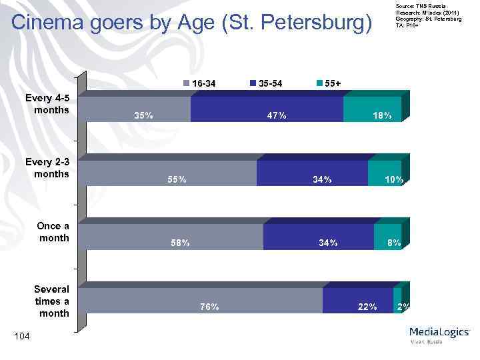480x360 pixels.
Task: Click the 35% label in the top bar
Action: [143, 115]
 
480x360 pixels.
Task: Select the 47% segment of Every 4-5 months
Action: [267, 109]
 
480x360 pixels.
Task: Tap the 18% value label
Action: [382, 115]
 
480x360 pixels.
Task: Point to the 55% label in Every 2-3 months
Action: [177, 179]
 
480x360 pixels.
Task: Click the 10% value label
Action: [393, 179]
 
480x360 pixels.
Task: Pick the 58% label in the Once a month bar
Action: [180, 243]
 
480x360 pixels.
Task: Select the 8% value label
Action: [394, 243]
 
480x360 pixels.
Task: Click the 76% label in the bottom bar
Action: [209, 307]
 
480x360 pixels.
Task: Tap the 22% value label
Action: [367, 307]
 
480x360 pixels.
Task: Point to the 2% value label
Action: [403, 307]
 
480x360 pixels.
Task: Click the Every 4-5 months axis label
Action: [47, 103]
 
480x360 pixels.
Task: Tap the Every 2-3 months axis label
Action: [47, 167]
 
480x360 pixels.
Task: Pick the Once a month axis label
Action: [53, 231]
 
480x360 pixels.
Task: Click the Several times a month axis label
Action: [52, 301]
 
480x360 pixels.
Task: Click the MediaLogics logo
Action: [439, 333]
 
